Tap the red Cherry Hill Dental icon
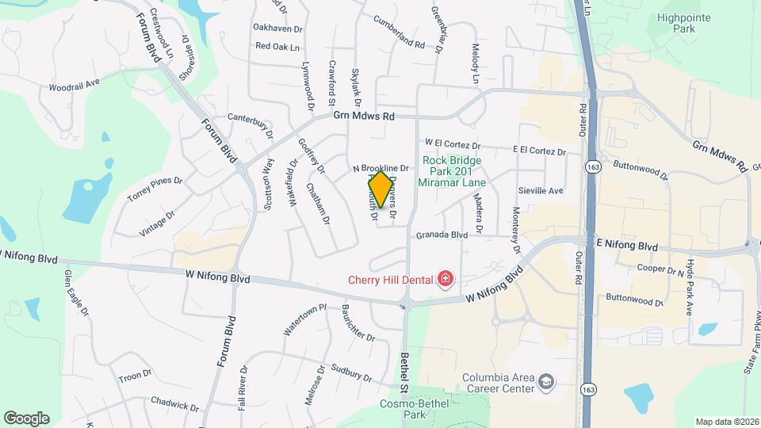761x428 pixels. pos(446,278)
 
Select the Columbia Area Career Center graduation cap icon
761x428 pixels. pos(546,383)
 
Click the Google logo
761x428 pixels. pos(26,418)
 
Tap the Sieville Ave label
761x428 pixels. pos(540,191)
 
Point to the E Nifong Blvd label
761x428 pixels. pos(626,246)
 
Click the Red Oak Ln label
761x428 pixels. pos(277,47)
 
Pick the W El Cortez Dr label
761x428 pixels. pos(453,144)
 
